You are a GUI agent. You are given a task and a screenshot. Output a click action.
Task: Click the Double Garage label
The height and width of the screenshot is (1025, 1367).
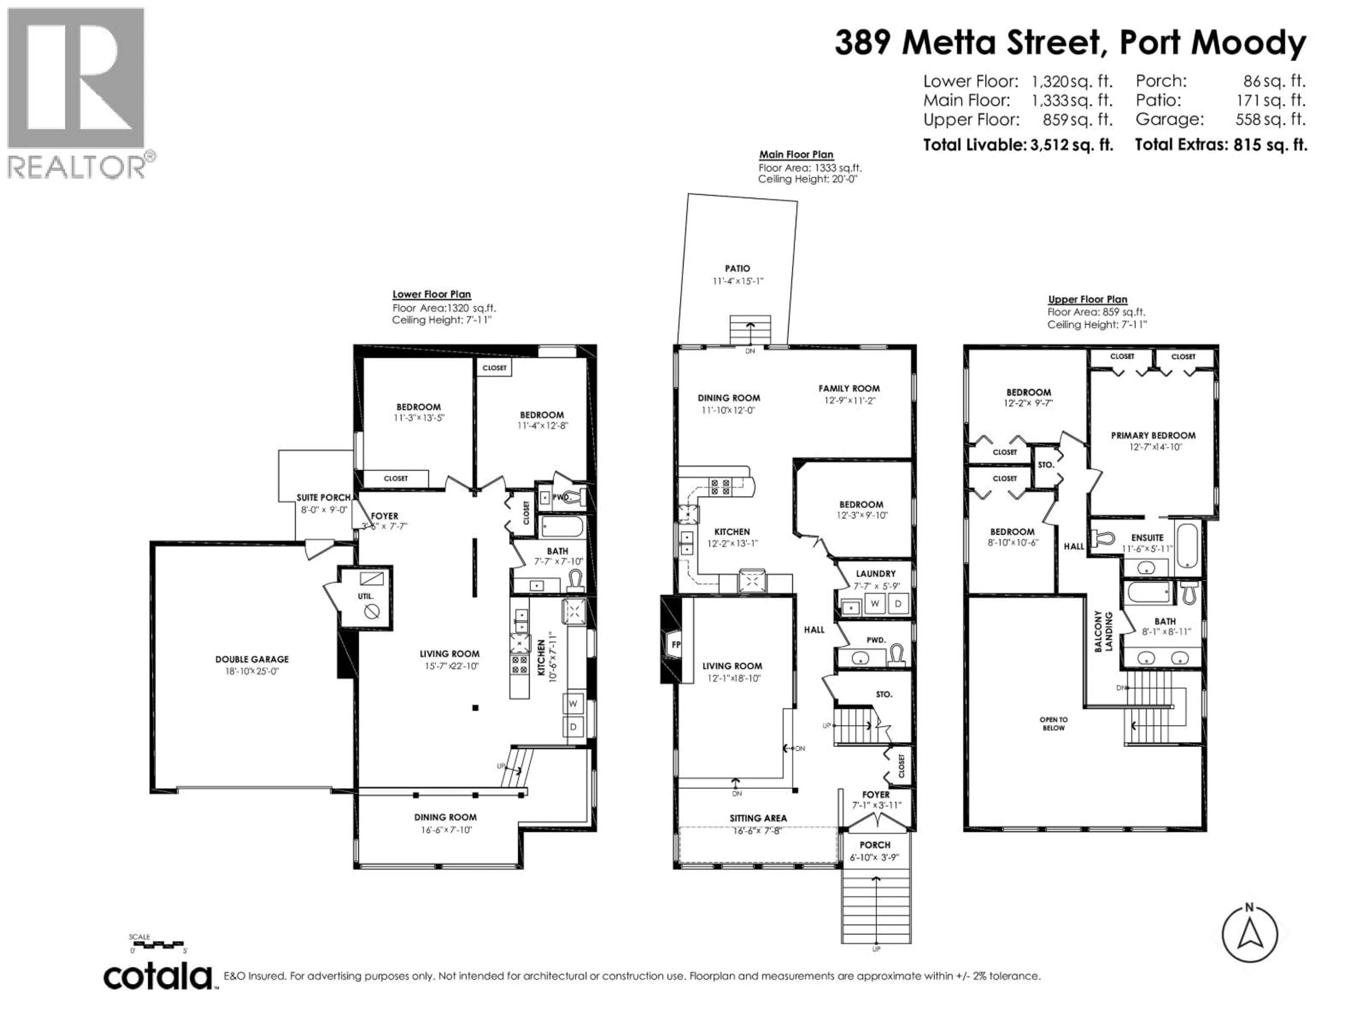click(x=252, y=659)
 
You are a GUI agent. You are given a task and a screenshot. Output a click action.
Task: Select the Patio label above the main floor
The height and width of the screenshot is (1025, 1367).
click(x=737, y=269)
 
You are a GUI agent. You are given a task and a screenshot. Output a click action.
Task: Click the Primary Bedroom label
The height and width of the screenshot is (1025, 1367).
click(x=1153, y=436)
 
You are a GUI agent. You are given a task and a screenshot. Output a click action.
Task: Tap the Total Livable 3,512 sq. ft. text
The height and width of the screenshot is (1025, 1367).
click(x=1018, y=145)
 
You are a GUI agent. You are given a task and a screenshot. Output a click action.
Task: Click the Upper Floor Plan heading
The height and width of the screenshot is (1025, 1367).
click(x=1088, y=300)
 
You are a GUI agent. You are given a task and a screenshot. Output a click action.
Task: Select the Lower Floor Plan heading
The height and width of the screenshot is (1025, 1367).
click(x=431, y=295)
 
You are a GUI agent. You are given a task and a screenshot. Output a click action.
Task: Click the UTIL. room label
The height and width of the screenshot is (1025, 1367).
click(x=365, y=596)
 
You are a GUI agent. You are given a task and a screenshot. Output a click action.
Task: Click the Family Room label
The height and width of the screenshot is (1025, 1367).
click(x=849, y=389)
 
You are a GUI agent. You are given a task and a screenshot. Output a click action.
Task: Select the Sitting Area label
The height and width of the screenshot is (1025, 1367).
click(x=758, y=818)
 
